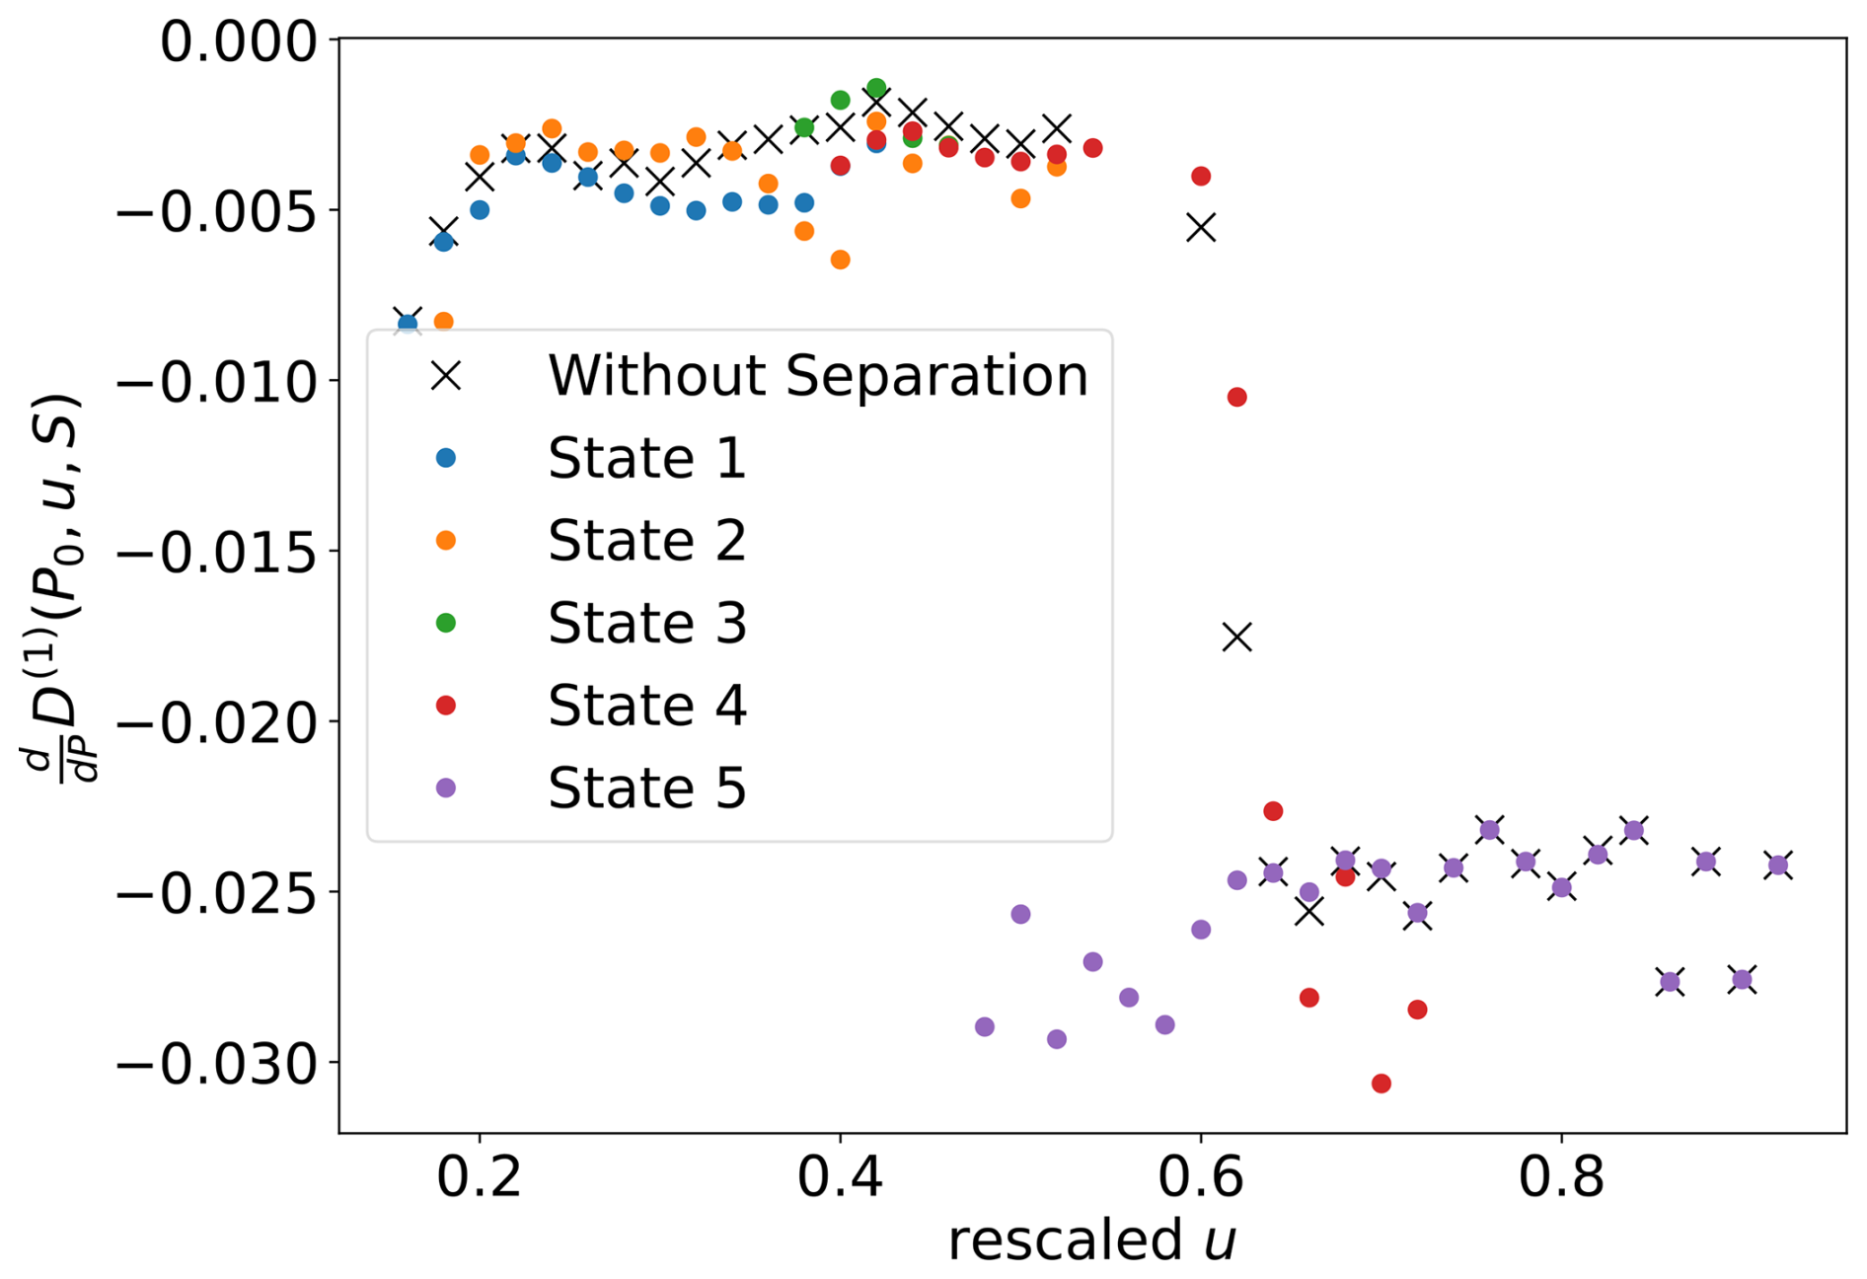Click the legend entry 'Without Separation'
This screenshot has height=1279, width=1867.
point(817,376)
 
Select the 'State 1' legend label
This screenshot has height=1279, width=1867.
point(646,459)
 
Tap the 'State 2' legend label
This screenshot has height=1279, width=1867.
point(646,541)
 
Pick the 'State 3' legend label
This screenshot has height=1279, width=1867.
point(646,624)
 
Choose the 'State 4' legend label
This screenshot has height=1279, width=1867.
point(646,706)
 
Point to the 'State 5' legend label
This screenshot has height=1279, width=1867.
point(646,789)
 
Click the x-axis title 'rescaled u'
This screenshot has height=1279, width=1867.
point(1091,1241)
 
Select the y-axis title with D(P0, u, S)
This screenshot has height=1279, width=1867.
point(54,586)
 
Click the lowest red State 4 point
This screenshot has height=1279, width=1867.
point(1382,1084)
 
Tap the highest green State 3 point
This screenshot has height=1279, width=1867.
point(876,88)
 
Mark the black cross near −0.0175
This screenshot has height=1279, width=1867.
point(1237,638)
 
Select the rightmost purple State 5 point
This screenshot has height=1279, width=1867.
point(1778,865)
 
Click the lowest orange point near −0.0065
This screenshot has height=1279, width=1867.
point(841,260)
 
